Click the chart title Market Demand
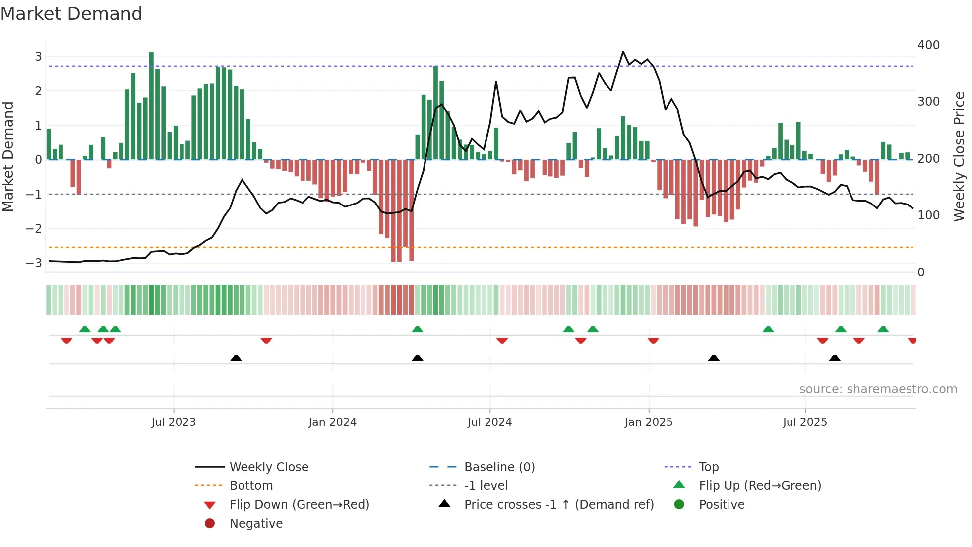coord(71,14)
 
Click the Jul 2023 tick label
coord(174,422)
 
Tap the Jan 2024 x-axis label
coord(332,422)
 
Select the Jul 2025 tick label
coord(805,422)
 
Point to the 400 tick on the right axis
coord(928,45)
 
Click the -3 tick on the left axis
coord(34,263)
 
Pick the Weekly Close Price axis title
coord(959,156)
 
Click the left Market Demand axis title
coord(8,156)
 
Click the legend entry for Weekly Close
coord(268,467)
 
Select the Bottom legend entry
coord(251,486)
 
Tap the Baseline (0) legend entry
coord(499,467)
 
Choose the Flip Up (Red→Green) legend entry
coord(760,486)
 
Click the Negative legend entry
coord(256,524)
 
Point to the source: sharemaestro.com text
coord(878,389)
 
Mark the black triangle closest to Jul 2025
coord(835,358)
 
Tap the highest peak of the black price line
coord(623,52)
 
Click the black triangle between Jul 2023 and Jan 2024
coord(236,358)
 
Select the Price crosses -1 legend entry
coord(558,505)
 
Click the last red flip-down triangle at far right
coord(912,341)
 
